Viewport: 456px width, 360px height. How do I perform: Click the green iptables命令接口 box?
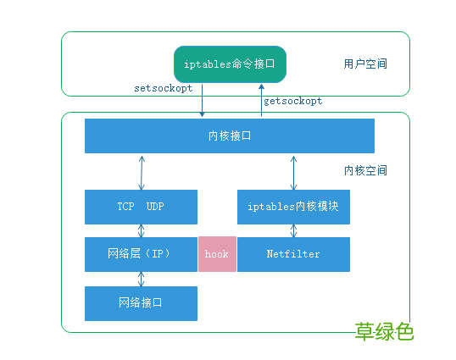pos(230,64)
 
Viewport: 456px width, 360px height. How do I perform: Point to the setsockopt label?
pos(163,89)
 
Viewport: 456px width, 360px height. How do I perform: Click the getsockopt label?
pos(293,101)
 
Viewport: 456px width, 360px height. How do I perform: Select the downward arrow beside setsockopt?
pos(203,101)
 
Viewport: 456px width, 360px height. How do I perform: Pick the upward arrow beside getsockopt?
pos(260,101)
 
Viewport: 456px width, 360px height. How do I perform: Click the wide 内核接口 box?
pos(229,136)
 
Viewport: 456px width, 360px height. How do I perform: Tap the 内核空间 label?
pos(365,170)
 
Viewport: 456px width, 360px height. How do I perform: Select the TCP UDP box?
pos(141,207)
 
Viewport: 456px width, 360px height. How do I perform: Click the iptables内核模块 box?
pos(293,207)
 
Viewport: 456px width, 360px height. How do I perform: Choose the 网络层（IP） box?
pos(141,254)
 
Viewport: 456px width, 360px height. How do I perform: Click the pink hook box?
pos(217,254)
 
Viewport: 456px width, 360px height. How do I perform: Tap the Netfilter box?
pos(293,254)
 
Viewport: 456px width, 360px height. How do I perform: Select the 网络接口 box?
pos(141,302)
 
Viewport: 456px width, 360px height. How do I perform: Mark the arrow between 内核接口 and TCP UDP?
pos(142,171)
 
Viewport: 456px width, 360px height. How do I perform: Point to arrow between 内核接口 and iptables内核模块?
pos(293,171)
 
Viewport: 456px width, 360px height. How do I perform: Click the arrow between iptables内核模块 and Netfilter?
pos(293,230)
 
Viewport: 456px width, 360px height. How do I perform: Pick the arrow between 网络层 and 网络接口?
pos(142,279)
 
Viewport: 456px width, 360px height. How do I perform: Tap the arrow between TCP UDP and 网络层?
pos(142,230)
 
